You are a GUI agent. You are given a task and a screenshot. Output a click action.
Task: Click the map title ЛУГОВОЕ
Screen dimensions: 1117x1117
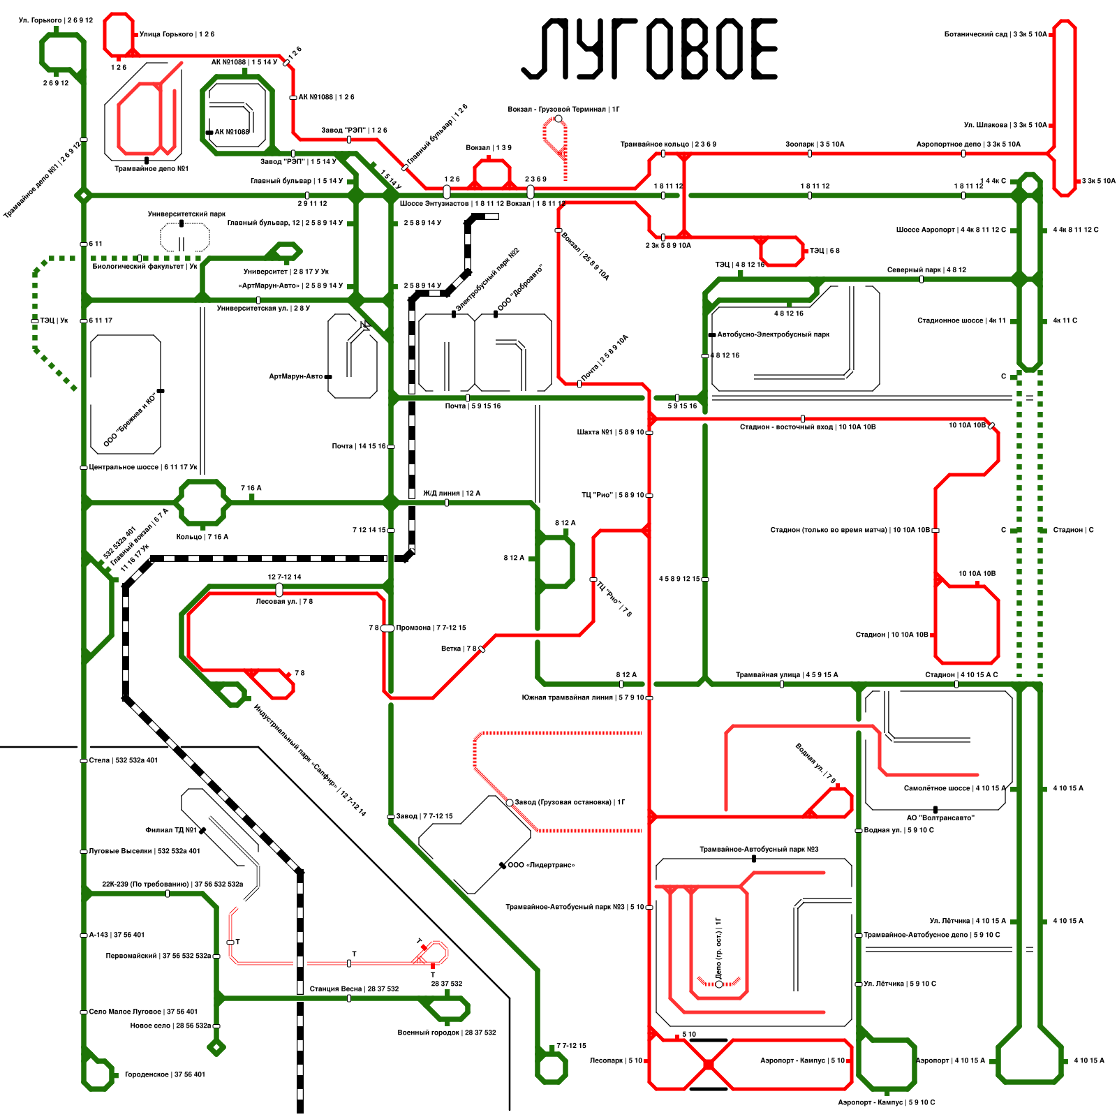(x=649, y=49)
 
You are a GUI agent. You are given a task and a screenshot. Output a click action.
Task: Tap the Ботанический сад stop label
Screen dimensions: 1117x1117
(x=995, y=34)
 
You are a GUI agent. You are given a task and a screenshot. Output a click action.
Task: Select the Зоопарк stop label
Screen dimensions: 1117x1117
(x=814, y=145)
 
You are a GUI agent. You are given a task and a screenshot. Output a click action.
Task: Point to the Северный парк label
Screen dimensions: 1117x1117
(x=926, y=270)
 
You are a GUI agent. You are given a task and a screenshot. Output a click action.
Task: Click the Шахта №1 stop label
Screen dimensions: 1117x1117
(x=610, y=433)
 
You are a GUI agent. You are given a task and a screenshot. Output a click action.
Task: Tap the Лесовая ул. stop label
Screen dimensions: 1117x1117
(x=283, y=602)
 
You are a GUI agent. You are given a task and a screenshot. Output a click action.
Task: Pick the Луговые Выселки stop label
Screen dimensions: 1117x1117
(x=145, y=852)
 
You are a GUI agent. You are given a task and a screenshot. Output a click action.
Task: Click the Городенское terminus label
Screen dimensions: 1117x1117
(x=165, y=1075)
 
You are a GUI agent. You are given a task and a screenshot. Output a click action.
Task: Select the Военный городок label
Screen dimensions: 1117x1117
(x=447, y=1033)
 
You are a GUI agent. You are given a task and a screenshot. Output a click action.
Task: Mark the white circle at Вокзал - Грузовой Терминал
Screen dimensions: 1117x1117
(x=558, y=119)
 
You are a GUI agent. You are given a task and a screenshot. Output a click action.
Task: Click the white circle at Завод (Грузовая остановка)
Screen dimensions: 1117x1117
(x=510, y=803)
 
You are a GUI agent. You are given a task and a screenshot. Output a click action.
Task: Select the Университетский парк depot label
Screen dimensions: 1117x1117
(x=186, y=214)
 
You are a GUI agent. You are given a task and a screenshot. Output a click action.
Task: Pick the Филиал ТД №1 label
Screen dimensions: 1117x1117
(x=171, y=831)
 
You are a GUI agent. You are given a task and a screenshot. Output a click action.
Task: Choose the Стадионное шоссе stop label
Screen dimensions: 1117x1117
(x=961, y=321)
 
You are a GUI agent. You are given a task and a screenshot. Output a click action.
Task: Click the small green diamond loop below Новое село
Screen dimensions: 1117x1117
(x=216, y=1047)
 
